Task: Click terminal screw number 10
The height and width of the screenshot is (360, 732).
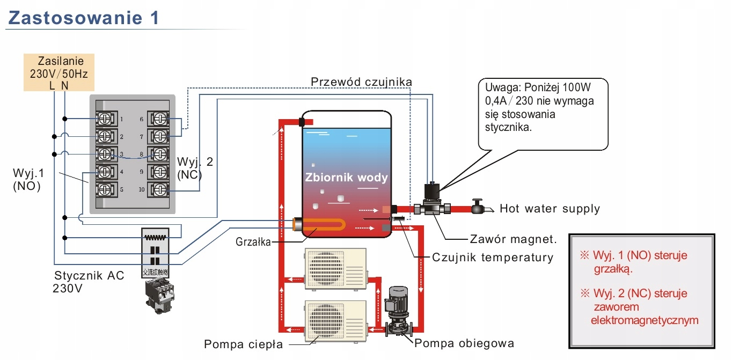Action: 159,189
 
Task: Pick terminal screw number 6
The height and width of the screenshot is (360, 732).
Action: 159,119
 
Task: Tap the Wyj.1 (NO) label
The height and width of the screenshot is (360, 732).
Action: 27,180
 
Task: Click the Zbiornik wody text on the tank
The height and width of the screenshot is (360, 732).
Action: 346,177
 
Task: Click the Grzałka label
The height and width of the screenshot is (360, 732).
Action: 253,241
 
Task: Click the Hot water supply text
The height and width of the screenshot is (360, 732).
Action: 550,208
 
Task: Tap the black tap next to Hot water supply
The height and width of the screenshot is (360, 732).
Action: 477,207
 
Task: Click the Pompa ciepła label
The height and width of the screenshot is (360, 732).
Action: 243,344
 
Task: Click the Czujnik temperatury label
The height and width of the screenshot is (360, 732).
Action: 492,257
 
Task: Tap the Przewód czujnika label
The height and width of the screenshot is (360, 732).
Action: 361,82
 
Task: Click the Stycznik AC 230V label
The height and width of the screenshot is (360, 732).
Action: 89,281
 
